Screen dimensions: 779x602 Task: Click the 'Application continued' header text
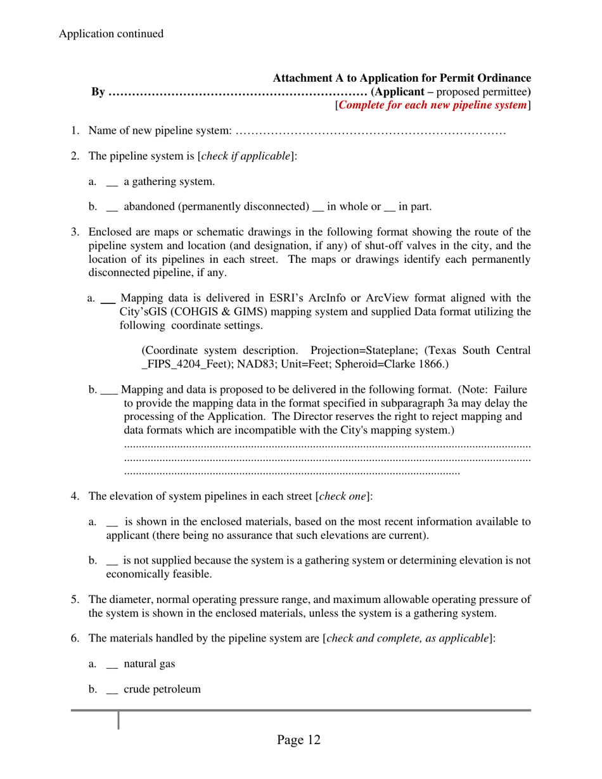[111, 34]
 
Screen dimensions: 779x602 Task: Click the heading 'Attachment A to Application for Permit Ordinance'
[401, 79]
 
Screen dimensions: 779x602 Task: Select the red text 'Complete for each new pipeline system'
[433, 105]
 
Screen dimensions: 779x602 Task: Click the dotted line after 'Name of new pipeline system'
[370, 131]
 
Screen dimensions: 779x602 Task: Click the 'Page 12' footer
[298, 740]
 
